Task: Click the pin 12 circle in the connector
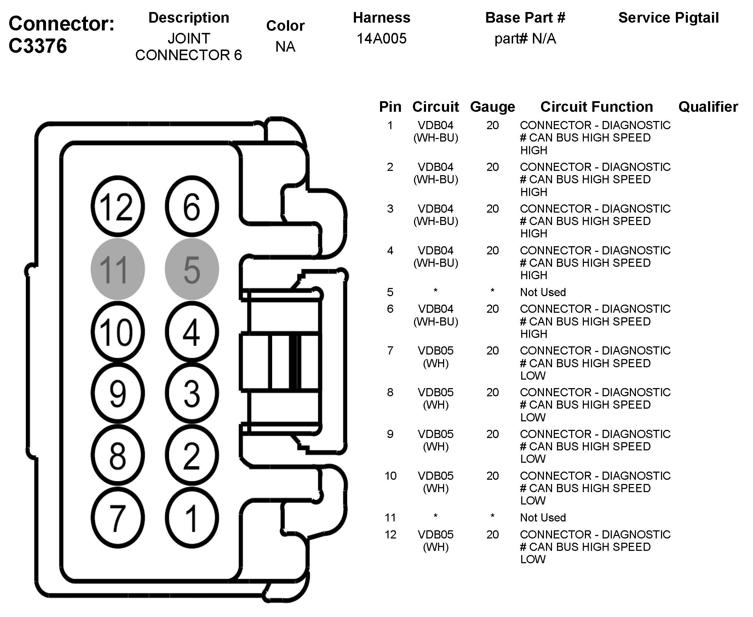tap(118, 207)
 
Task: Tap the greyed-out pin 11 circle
tap(118, 269)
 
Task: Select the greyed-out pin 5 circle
tap(192, 269)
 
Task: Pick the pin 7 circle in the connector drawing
tap(118, 518)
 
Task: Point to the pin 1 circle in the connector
tap(192, 518)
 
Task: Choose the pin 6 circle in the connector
tap(192, 207)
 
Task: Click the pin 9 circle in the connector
tap(118, 393)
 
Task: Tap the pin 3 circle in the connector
tap(192, 393)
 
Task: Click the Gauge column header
tap(493, 107)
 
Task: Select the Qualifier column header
tap(708, 107)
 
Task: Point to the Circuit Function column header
tap(597, 107)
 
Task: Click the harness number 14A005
tap(381, 38)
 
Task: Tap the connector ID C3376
tap(38, 46)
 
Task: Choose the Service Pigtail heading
tap(668, 18)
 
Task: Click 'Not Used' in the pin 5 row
tap(543, 292)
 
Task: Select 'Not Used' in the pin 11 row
tap(543, 518)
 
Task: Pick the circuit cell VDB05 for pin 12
tap(436, 535)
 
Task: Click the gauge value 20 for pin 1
tap(493, 125)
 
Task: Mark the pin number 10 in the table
tap(390, 476)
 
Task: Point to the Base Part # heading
tap(525, 18)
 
